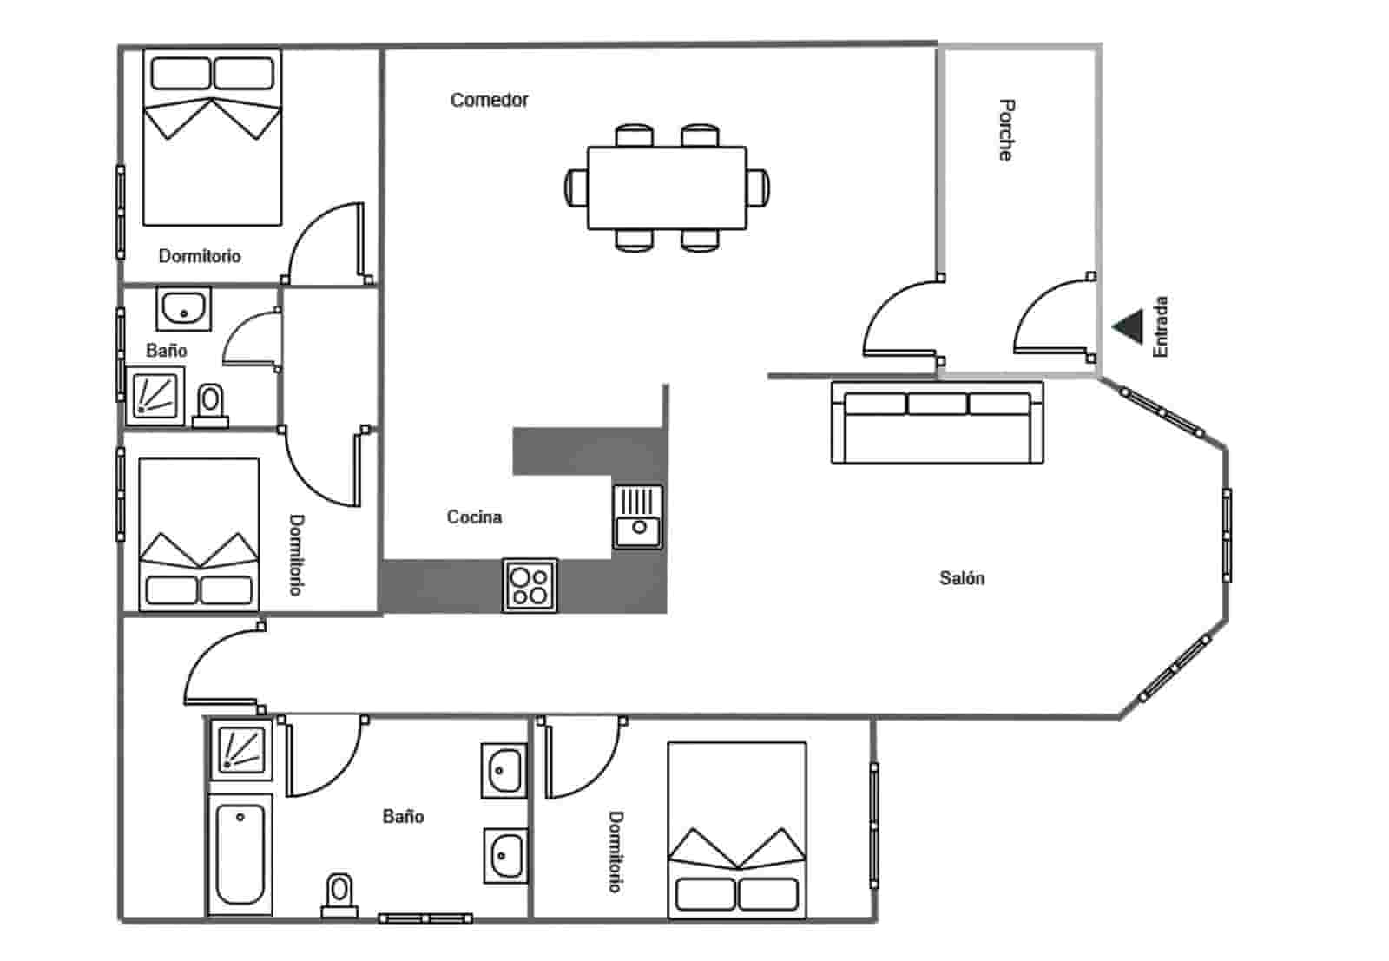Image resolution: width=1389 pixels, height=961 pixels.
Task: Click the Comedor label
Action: click(490, 100)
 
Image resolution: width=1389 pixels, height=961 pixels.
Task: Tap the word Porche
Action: click(1006, 130)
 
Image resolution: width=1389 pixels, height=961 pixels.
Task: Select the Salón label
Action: click(962, 578)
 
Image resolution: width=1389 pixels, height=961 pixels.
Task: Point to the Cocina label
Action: click(474, 517)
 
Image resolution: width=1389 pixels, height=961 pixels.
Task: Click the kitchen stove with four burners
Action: click(530, 586)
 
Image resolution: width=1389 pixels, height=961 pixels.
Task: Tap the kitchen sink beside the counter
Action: click(638, 517)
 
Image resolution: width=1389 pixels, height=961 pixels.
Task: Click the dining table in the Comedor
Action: click(667, 188)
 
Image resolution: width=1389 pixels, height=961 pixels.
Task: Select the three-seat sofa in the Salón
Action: click(938, 422)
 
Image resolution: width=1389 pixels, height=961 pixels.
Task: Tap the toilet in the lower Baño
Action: click(339, 895)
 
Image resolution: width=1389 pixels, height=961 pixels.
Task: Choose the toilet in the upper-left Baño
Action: click(210, 406)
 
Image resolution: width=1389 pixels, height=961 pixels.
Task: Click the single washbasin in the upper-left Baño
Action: click(183, 308)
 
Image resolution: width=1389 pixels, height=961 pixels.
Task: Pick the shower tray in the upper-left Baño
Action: click(155, 396)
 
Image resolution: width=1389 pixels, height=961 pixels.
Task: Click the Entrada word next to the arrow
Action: click(1160, 326)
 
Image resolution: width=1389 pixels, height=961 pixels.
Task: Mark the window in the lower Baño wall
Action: click(425, 918)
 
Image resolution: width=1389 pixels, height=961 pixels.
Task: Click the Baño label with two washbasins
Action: click(403, 816)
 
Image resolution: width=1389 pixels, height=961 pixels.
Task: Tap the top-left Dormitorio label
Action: click(200, 255)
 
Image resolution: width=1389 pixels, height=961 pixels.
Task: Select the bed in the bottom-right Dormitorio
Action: click(737, 831)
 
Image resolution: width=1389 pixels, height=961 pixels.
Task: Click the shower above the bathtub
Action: click(241, 749)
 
